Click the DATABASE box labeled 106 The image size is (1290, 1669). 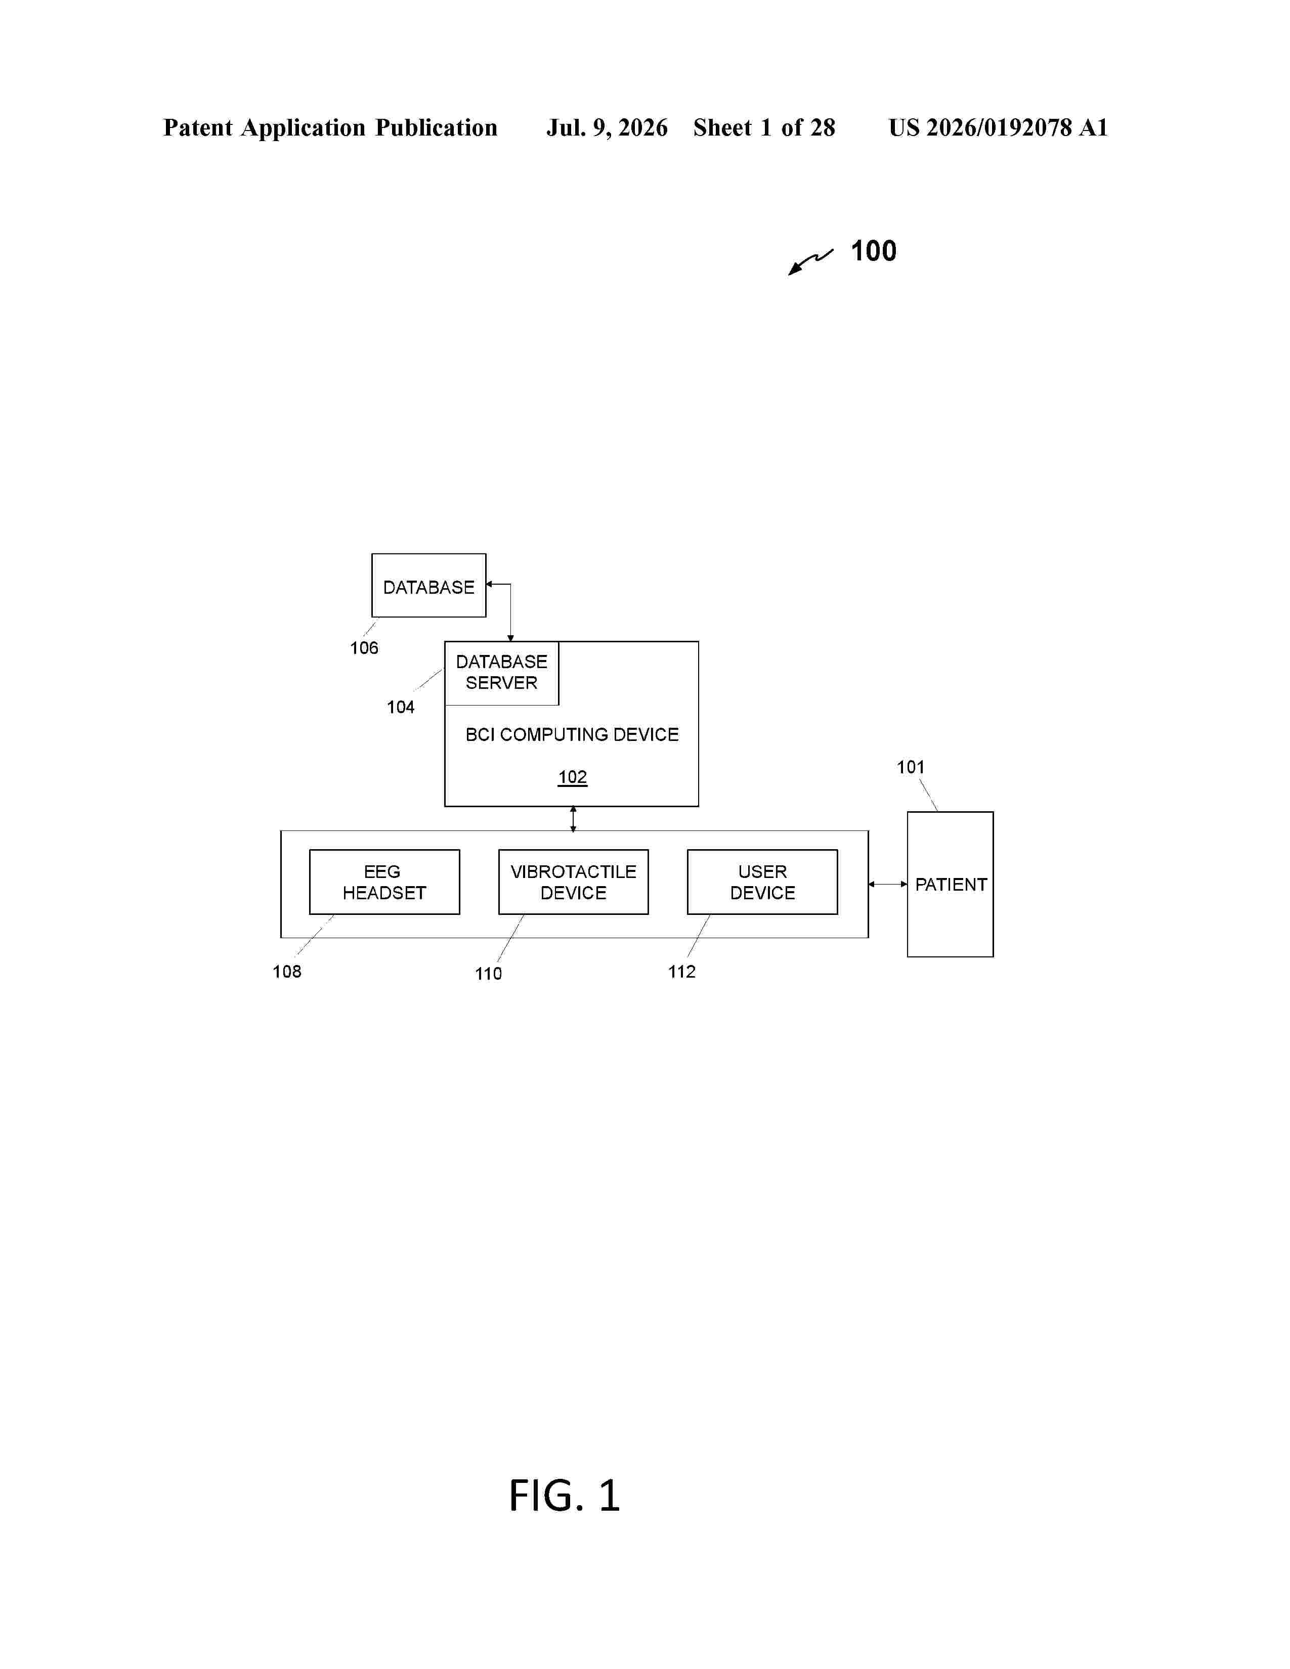click(x=428, y=585)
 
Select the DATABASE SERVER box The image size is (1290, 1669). click(x=501, y=673)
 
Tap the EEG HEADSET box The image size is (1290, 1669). click(x=384, y=882)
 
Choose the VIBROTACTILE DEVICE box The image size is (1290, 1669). click(x=573, y=882)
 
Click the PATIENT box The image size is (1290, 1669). click(x=950, y=884)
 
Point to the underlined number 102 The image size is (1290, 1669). click(x=572, y=777)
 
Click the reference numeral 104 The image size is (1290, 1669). click(x=401, y=707)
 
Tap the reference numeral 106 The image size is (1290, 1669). click(x=364, y=648)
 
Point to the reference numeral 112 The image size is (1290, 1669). click(x=682, y=971)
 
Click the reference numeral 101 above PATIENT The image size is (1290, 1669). click(x=910, y=767)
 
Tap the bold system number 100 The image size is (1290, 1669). click(x=874, y=251)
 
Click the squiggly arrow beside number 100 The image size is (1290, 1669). click(x=810, y=261)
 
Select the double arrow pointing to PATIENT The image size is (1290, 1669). click(x=888, y=884)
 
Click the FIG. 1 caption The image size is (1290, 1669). click(x=564, y=1496)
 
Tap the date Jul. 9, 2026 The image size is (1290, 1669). click(x=607, y=127)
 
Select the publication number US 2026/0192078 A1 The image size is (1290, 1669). click(x=998, y=127)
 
